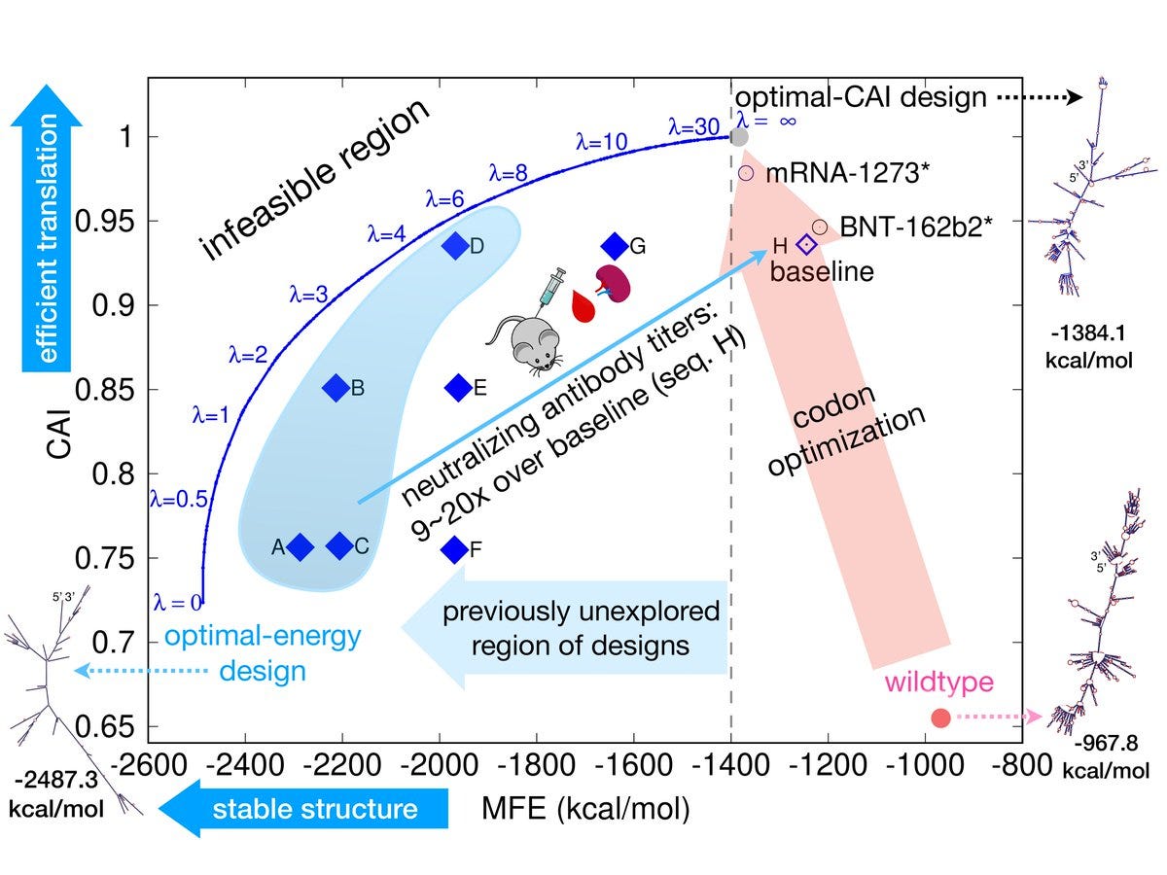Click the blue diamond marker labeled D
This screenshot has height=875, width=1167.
point(454,246)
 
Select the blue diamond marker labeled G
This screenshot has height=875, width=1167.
point(615,246)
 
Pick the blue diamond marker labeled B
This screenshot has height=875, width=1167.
point(336,388)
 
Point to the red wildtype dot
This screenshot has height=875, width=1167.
point(940,717)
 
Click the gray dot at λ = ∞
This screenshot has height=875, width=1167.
point(739,137)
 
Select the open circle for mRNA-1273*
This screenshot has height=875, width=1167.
point(747,173)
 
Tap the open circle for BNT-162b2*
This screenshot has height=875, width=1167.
point(819,227)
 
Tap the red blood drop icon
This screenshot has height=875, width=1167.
point(583,306)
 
